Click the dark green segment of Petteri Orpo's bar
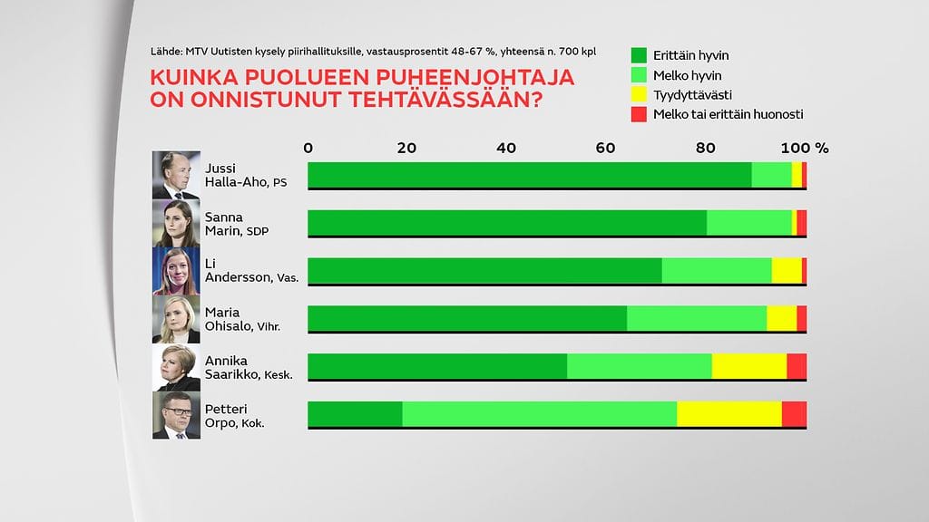click(355, 413)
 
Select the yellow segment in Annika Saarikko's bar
click(748, 365)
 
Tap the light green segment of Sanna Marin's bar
click(748, 222)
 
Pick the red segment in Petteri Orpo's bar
click(794, 413)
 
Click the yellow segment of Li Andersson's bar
click(786, 270)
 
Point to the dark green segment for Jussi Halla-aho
click(530, 174)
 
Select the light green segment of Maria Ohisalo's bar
click(696, 318)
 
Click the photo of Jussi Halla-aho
click(176, 175)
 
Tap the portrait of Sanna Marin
click(176, 223)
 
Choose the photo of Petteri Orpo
click(176, 415)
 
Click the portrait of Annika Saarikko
click(176, 367)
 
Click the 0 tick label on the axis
click(308, 148)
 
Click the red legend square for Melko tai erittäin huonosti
click(637, 114)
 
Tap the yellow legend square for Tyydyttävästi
click(637, 94)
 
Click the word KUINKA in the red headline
click(193, 78)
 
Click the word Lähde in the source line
click(169, 52)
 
